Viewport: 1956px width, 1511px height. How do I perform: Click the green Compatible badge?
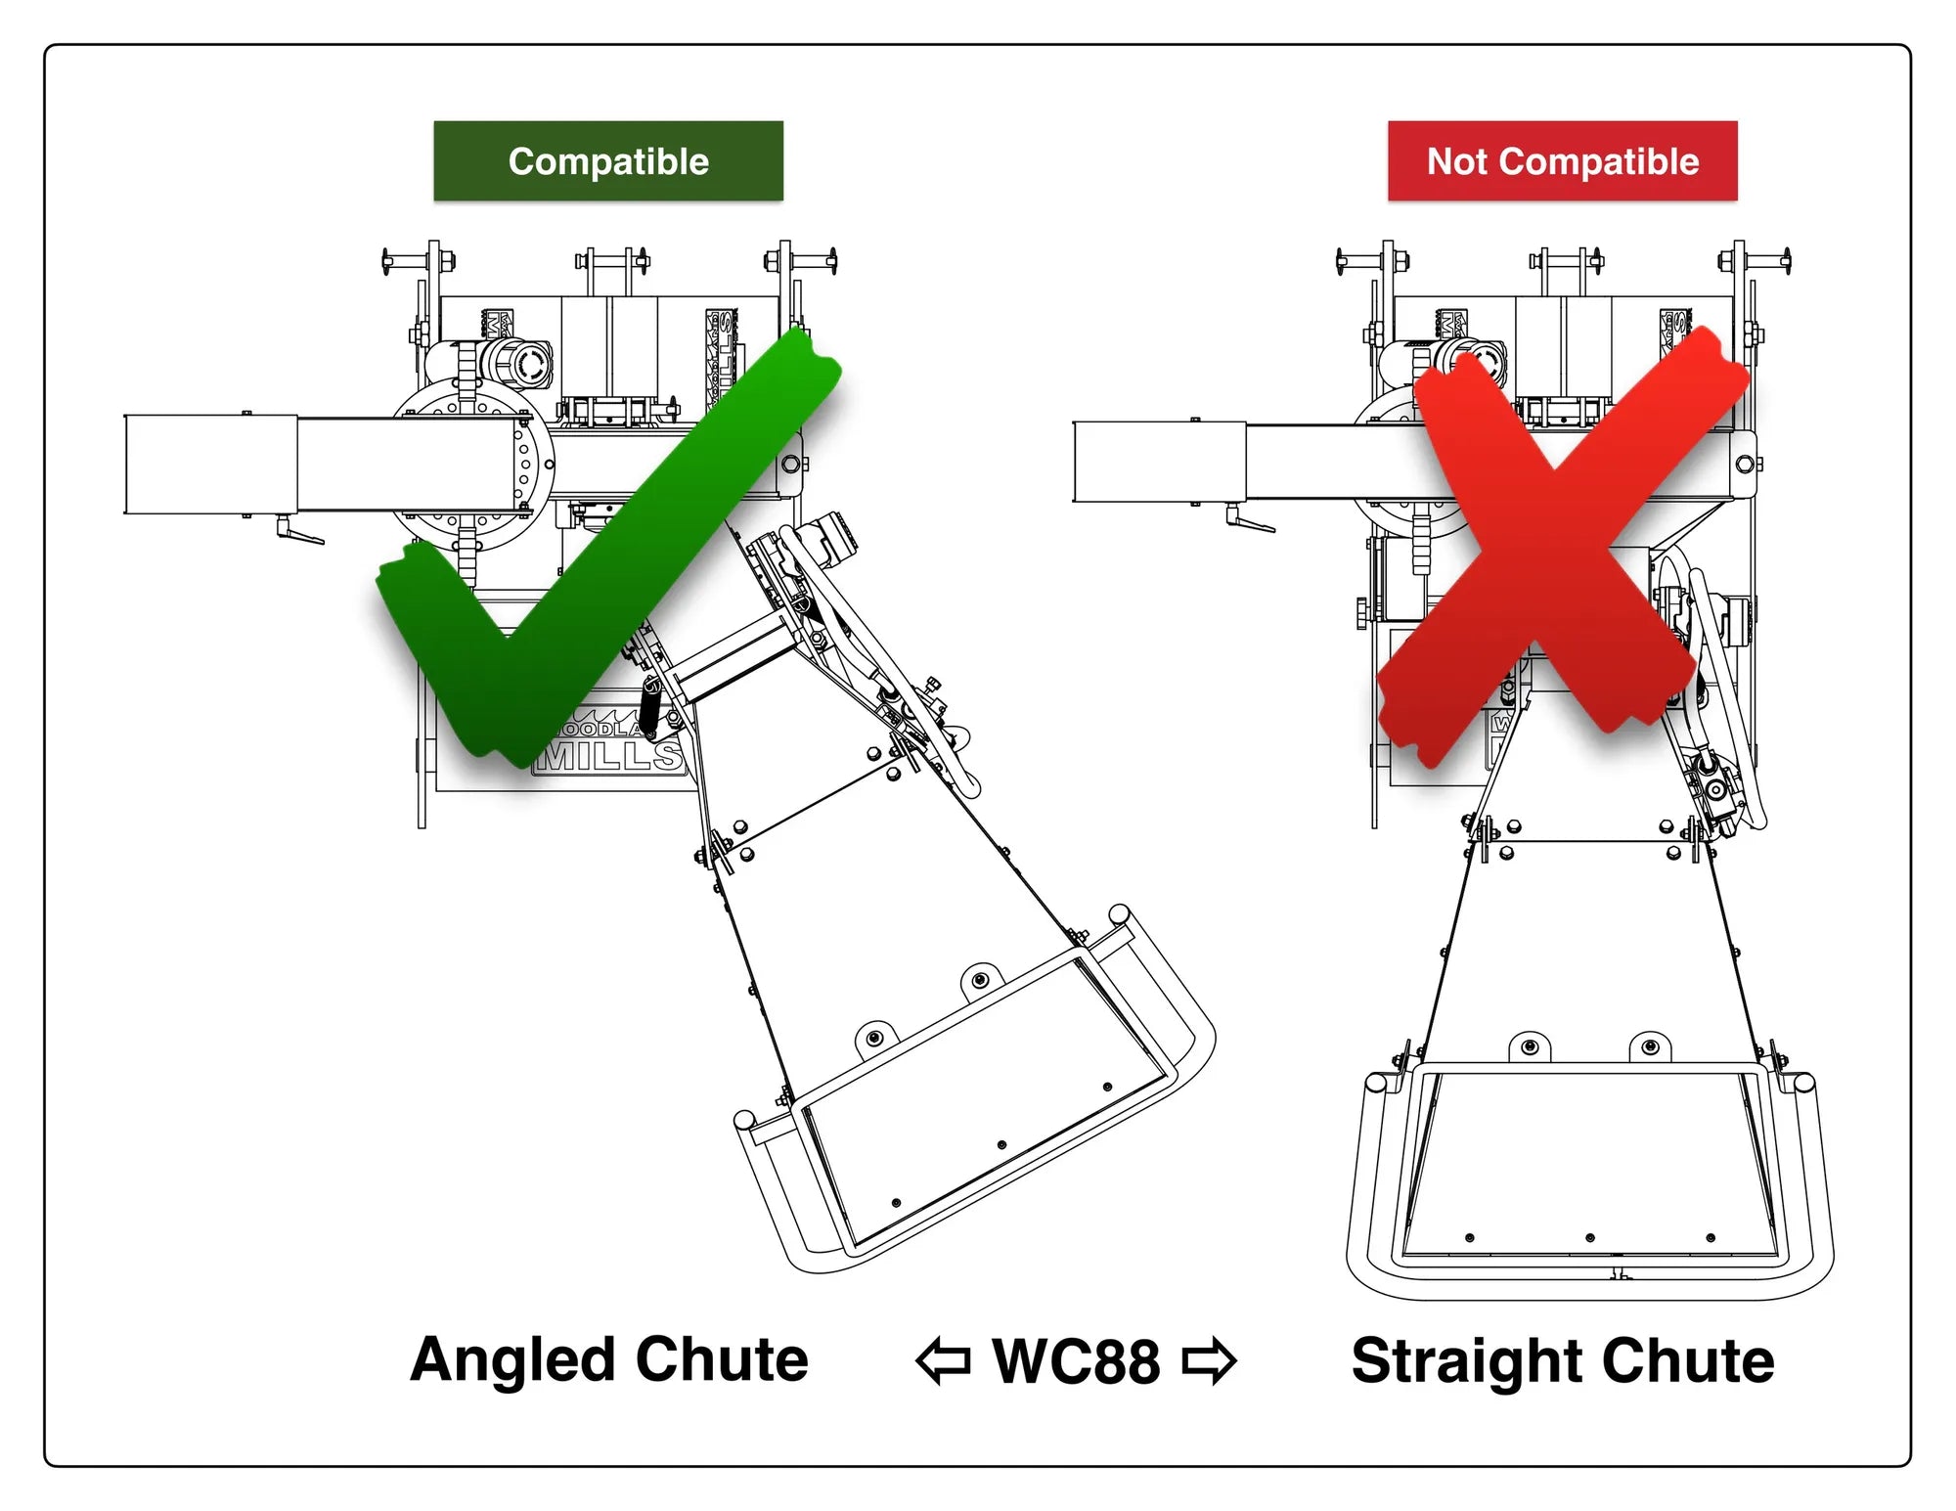pos(607,161)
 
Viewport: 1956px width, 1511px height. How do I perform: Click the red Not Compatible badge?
pos(1562,161)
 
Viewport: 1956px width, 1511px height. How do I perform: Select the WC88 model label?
pos(1076,1360)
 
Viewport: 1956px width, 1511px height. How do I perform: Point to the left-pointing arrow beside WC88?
pos(943,1360)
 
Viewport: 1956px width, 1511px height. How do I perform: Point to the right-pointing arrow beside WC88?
pos(1210,1360)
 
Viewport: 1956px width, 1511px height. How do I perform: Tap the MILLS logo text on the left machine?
pos(611,755)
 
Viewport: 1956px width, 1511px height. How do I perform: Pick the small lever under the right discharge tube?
pos(1249,519)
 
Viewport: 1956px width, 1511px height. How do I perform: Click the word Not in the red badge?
pos(1457,161)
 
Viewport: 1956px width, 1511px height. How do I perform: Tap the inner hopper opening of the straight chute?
pos(1589,1164)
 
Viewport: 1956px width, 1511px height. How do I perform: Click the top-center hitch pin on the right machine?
pos(1565,261)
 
